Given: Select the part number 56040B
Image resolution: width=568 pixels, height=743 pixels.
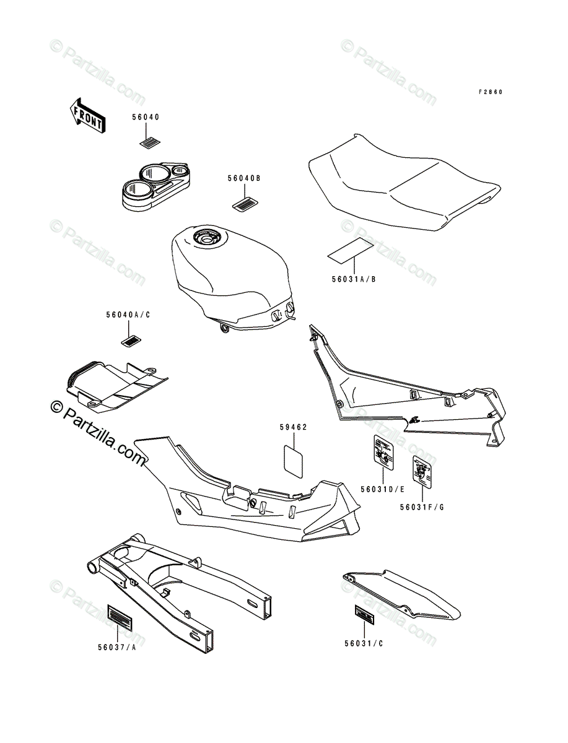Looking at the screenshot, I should tap(243, 178).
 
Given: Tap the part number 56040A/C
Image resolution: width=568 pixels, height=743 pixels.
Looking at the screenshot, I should tap(128, 315).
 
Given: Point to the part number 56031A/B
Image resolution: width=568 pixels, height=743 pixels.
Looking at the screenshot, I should tap(353, 279).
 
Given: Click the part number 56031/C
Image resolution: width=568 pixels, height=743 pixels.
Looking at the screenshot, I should tap(365, 643).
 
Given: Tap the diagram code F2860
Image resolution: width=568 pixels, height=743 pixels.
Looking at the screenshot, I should tap(491, 92).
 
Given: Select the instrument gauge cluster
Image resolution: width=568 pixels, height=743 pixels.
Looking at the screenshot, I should tap(155, 180).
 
